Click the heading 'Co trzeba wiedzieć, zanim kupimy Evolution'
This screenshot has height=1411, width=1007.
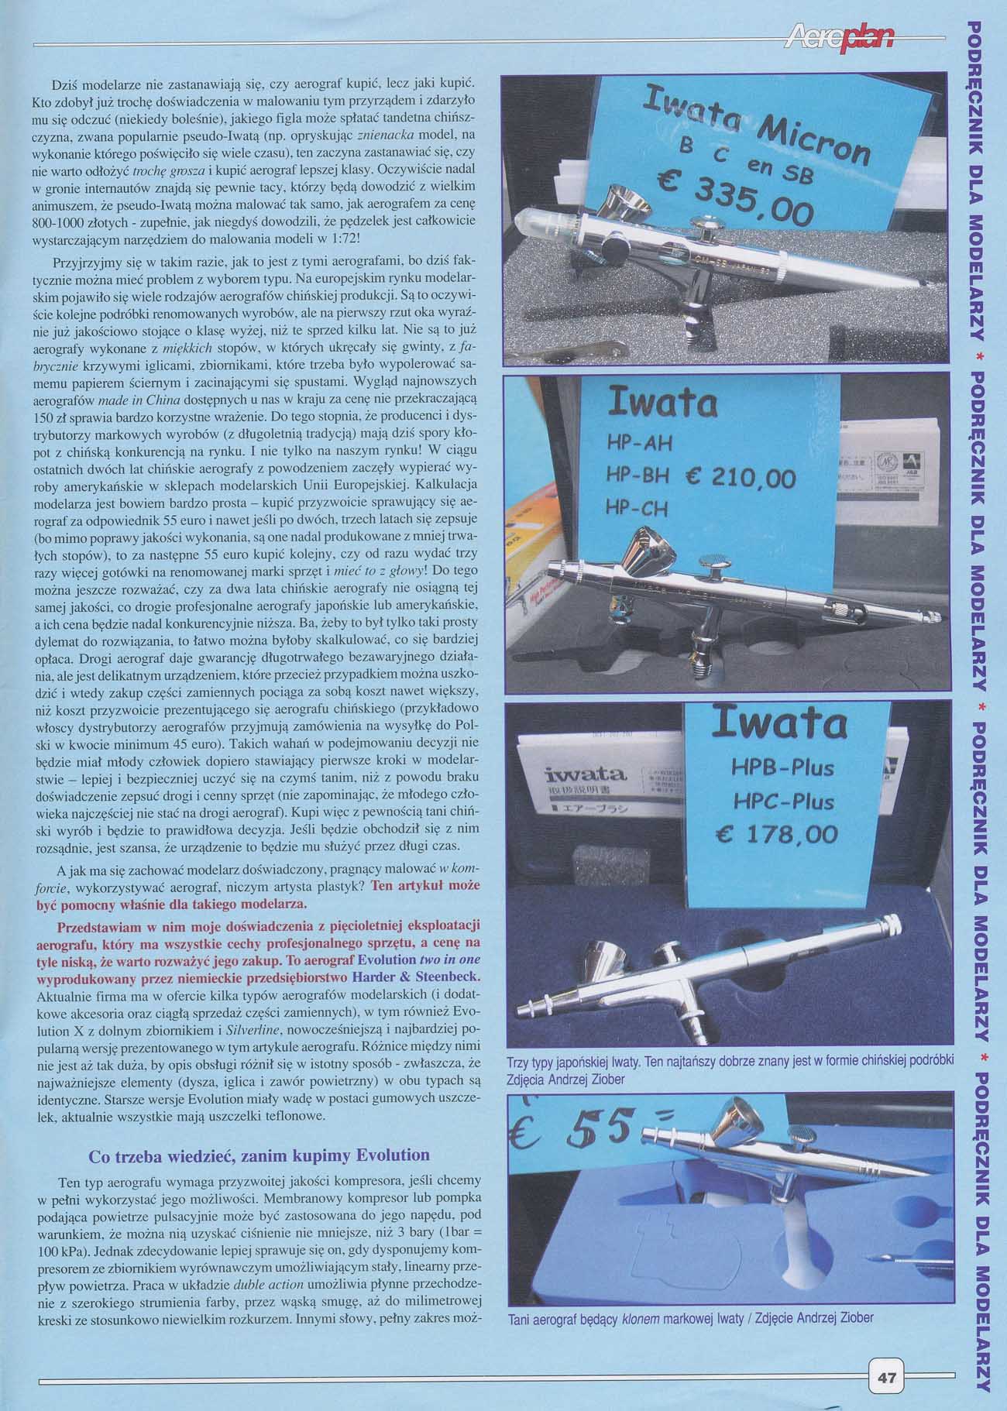tap(259, 1155)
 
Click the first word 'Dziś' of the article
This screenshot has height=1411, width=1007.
tap(64, 83)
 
